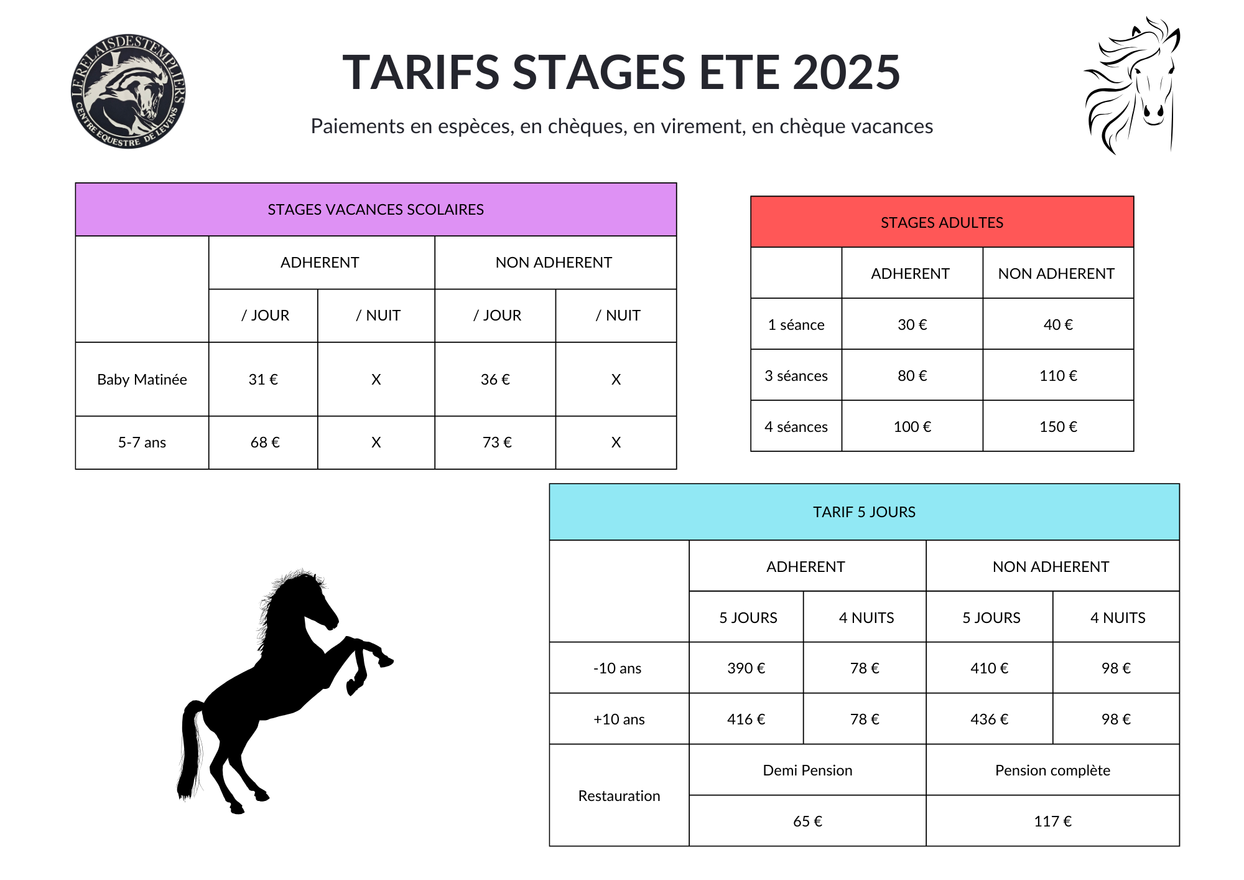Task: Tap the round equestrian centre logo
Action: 128,91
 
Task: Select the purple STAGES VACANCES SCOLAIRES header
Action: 376,210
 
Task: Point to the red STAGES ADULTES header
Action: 942,222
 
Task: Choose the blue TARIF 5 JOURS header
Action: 864,512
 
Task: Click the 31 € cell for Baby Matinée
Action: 263,380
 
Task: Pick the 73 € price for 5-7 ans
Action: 497,442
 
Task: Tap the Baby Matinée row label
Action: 142,380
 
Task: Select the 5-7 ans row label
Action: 142,442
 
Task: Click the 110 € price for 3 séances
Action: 1058,376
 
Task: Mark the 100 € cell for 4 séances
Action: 912,427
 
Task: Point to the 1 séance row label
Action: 796,325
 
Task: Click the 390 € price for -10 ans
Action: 746,668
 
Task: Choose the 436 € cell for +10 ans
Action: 990,719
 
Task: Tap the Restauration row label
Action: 619,796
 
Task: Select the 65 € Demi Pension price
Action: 807,821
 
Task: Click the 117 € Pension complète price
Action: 1052,821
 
